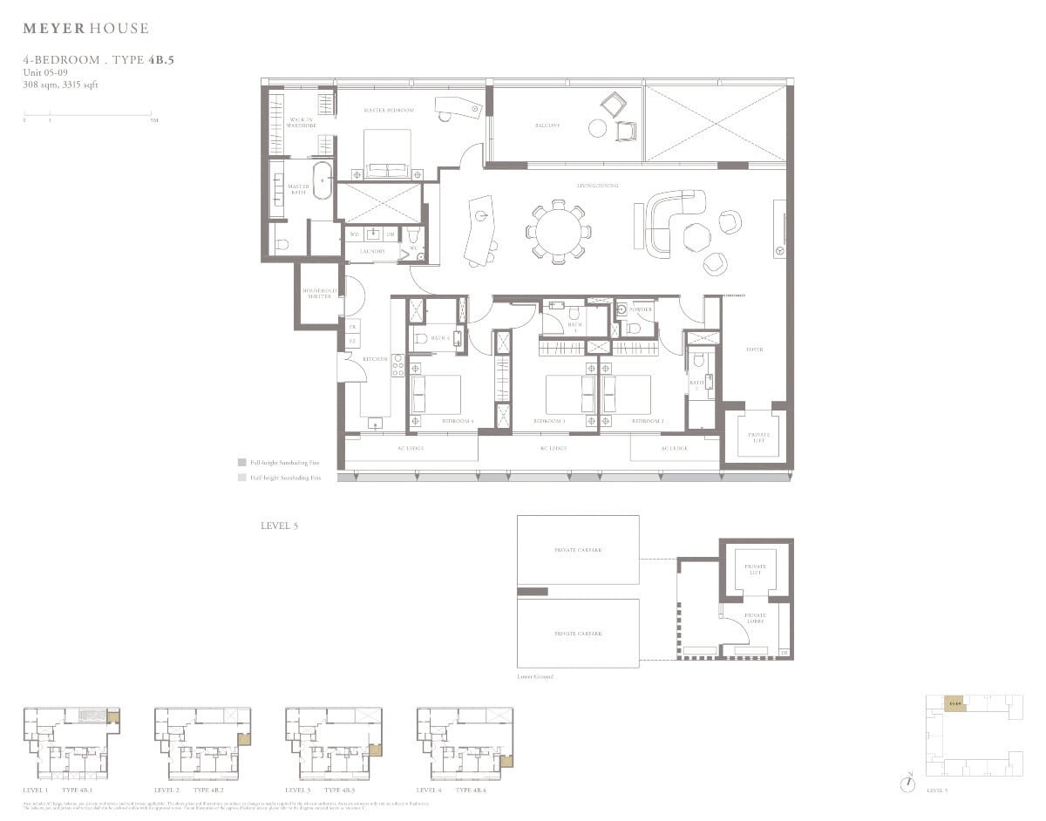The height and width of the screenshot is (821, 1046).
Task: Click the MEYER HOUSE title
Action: [85, 29]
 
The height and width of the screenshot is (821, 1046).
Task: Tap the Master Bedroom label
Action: [388, 111]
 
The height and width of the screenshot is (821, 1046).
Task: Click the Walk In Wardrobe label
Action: [300, 122]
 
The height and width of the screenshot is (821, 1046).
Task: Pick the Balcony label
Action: [547, 126]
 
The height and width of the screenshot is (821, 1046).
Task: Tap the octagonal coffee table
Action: [697, 237]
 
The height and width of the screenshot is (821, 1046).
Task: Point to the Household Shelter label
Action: [319, 293]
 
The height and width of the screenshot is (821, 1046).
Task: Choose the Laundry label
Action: [364, 251]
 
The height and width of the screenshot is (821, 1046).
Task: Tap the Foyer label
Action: [754, 349]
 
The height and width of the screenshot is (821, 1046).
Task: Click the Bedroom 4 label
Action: [458, 421]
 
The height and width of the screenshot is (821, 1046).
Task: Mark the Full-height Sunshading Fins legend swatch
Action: [241, 463]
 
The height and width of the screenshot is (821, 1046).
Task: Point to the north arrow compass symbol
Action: [909, 783]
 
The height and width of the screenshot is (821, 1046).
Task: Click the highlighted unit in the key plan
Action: [955, 703]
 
